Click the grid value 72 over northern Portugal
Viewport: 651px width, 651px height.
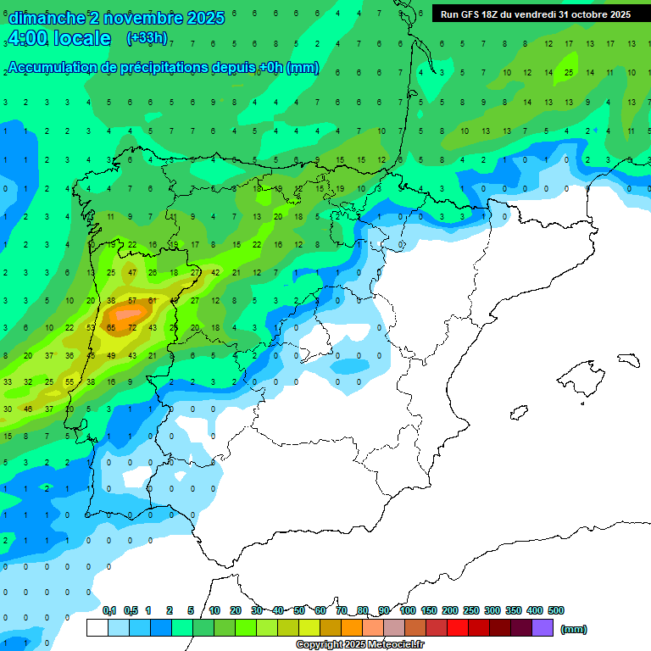pyautogui.click(x=131, y=327)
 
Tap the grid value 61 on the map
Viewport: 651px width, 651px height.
pyautogui.click(x=153, y=300)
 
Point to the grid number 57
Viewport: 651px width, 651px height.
pyautogui.click(x=131, y=300)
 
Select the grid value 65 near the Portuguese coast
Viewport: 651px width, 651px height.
pyautogui.click(x=111, y=327)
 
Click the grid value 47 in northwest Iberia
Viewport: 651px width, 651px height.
pyautogui.click(x=131, y=272)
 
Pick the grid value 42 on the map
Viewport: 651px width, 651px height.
pyautogui.click(x=215, y=272)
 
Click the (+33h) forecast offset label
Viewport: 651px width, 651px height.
pyautogui.click(x=147, y=38)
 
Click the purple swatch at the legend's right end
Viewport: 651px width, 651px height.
pyautogui.click(x=543, y=628)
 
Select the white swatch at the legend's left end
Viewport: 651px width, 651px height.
pyautogui.click(x=97, y=628)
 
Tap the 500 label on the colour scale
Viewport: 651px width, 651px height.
pyautogui.click(x=556, y=610)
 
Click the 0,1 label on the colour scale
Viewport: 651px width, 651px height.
pyautogui.click(x=109, y=610)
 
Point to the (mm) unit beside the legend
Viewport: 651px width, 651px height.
pyautogui.click(x=574, y=629)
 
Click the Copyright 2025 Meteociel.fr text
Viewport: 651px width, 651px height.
pyautogui.click(x=360, y=645)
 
